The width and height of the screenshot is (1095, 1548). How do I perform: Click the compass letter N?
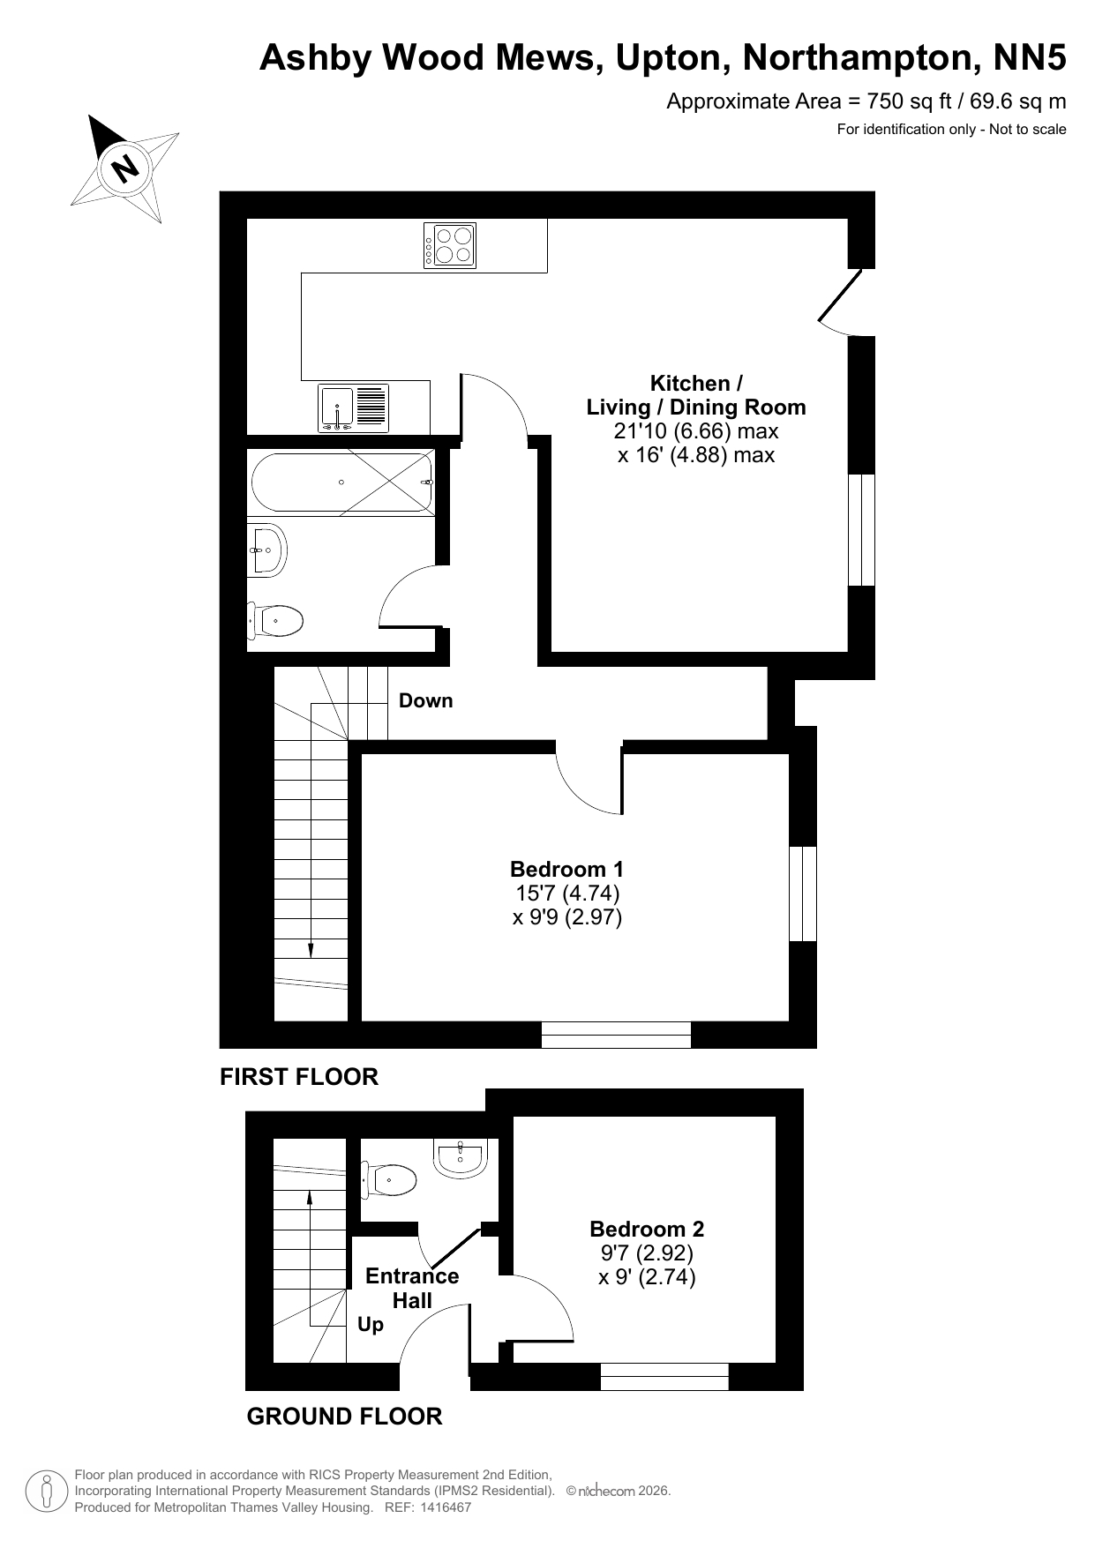126,167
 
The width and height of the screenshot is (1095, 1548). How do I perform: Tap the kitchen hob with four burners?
450,245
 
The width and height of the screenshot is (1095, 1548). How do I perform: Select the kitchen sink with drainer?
353,408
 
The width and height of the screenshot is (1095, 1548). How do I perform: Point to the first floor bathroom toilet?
275,621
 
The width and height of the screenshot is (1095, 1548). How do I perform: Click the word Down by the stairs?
426,700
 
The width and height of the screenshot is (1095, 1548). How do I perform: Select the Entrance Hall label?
412,1288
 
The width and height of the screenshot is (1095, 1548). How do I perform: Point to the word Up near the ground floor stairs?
371,1325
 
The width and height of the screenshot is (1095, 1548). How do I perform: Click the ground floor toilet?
388,1179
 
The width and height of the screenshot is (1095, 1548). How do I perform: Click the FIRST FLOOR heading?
299,1077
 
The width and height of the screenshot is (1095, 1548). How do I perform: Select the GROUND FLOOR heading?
344,1417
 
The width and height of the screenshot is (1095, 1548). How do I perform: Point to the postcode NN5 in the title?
1031,58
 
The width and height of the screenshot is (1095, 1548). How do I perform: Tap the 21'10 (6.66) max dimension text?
696,431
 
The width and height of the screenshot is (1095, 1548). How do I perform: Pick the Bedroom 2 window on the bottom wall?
664,1377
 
